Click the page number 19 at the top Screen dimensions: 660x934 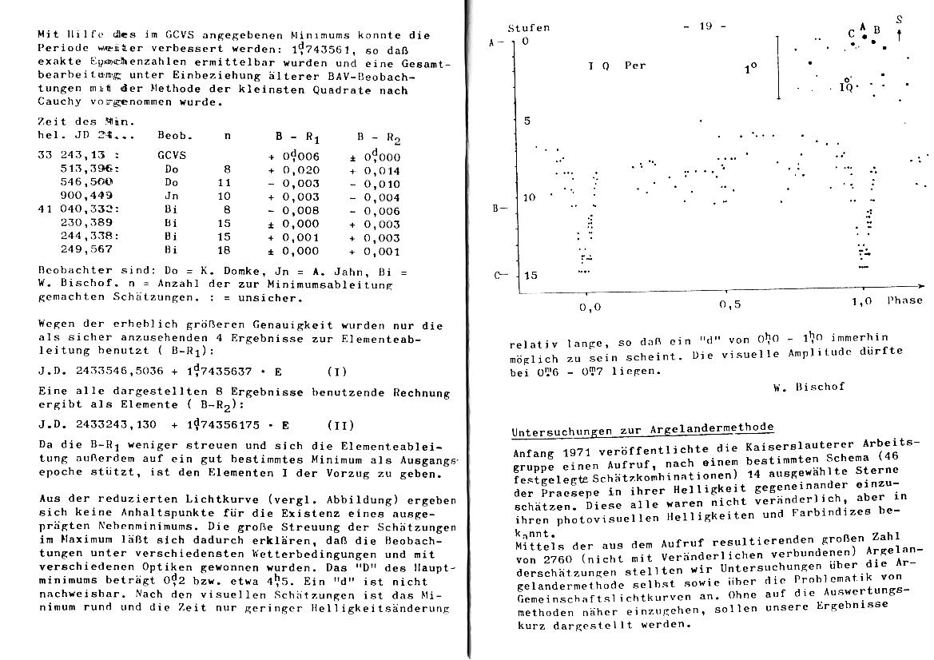click(705, 26)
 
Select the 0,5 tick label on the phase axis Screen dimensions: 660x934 click(729, 304)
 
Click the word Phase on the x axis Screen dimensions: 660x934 click(904, 300)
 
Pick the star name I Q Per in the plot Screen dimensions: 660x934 click(617, 66)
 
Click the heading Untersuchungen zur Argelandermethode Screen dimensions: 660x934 click(642, 431)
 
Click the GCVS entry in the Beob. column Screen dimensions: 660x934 click(171, 156)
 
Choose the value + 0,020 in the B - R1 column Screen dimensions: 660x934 click(294, 169)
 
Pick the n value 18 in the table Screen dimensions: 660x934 click(224, 250)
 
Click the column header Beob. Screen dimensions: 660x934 click(172, 135)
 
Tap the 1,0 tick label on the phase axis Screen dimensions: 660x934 click(860, 302)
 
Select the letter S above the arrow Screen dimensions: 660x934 click(899, 19)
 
